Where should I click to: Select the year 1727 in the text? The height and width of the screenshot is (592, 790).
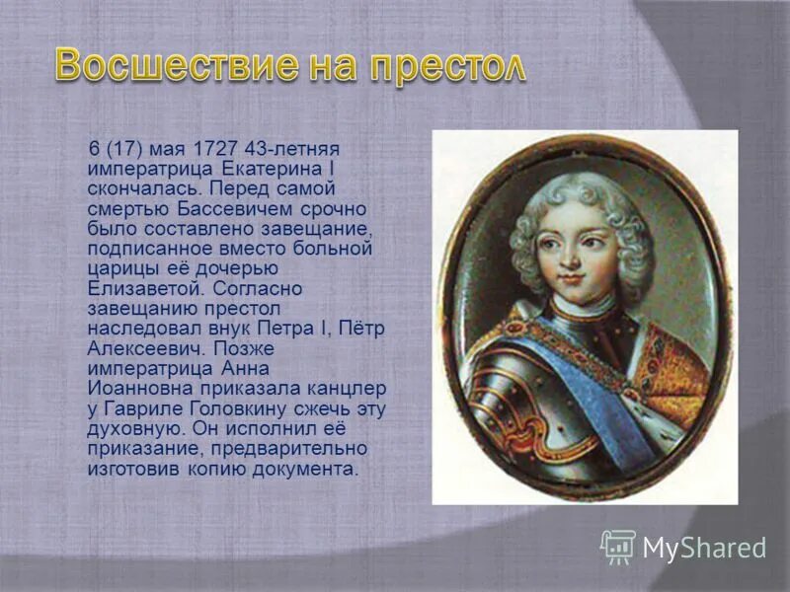[x=218, y=149]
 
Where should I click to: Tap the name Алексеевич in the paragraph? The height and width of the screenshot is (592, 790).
[x=146, y=349]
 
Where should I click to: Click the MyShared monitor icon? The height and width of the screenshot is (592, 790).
[x=618, y=546]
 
